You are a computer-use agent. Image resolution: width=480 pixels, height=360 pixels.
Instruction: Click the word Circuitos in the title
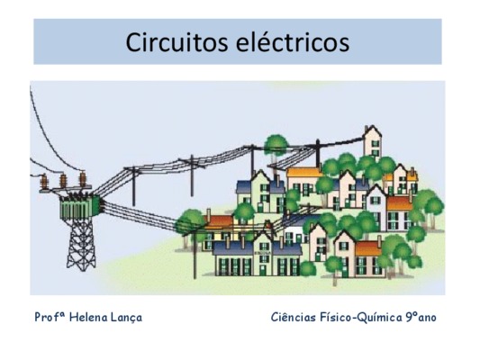tap(177, 42)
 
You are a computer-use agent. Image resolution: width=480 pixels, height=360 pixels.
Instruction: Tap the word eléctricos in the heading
tap(293, 41)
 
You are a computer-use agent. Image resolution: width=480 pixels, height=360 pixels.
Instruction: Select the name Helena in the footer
tap(88, 317)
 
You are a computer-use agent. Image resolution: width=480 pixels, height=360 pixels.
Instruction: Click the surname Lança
tap(126, 318)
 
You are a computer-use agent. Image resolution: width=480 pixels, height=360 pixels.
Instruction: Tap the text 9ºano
tap(421, 317)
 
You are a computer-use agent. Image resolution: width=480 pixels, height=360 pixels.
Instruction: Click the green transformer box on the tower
tap(80, 207)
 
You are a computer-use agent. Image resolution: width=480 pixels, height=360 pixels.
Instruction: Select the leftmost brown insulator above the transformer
tap(44, 181)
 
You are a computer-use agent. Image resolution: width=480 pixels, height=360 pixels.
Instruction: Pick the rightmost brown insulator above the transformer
tap(83, 178)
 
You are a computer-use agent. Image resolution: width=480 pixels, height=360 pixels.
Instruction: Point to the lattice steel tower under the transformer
tap(81, 245)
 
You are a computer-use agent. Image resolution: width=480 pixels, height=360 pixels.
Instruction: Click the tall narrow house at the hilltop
tap(372, 142)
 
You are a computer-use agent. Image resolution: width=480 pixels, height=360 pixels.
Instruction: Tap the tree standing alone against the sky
tap(276, 148)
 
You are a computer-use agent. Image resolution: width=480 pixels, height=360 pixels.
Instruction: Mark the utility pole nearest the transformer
tap(133, 186)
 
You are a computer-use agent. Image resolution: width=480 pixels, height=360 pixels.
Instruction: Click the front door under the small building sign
tap(263, 270)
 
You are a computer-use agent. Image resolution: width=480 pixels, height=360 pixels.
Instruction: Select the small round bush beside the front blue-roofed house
tap(308, 269)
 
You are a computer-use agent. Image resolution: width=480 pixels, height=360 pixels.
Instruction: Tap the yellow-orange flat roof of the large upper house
tap(304, 172)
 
